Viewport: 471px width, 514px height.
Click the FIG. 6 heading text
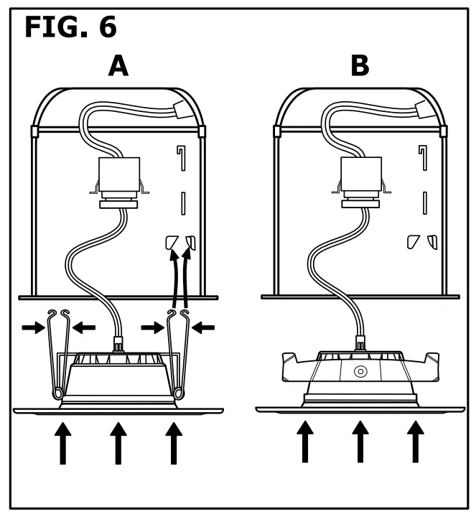[70, 27]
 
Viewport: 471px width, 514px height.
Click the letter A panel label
[118, 66]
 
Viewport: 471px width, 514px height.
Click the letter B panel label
[360, 66]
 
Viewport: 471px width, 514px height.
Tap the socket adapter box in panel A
[119, 174]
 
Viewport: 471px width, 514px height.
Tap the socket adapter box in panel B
[361, 174]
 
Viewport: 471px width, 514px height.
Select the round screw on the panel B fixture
[360, 372]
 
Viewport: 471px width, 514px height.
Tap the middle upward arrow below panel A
[118, 441]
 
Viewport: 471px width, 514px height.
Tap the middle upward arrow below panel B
[360, 441]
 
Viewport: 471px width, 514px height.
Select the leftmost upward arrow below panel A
[63, 441]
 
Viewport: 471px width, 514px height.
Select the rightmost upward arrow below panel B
[414, 441]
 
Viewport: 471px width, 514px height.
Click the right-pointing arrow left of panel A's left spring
[33, 327]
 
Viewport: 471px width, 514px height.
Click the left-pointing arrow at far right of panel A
[204, 327]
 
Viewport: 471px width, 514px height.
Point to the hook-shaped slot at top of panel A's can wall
[181, 157]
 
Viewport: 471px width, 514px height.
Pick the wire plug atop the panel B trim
[360, 345]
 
